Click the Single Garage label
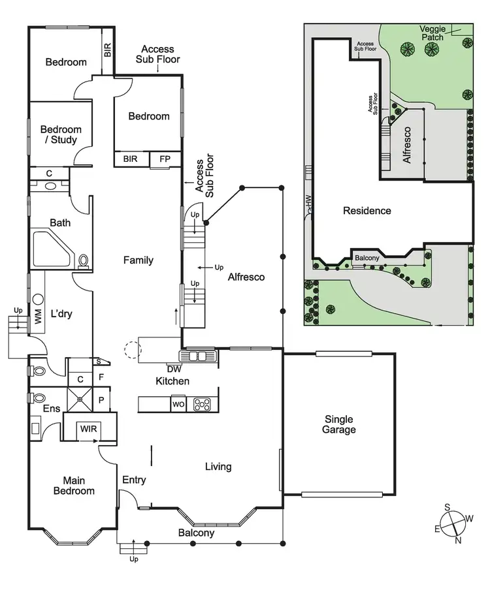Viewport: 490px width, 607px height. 338,424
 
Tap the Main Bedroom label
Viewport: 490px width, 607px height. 74,486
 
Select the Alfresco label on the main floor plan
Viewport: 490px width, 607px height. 246,277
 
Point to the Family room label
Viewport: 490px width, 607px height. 139,260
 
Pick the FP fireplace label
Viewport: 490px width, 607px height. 160,159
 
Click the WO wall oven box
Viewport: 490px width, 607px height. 178,405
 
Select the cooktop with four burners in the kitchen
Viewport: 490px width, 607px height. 202,405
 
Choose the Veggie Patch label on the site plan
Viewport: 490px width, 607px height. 433,33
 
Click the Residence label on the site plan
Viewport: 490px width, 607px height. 367,211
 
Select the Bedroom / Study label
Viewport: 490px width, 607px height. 59,134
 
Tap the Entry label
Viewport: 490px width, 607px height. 134,480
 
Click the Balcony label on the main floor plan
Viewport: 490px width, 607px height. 196,533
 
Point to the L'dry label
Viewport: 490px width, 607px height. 61,315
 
